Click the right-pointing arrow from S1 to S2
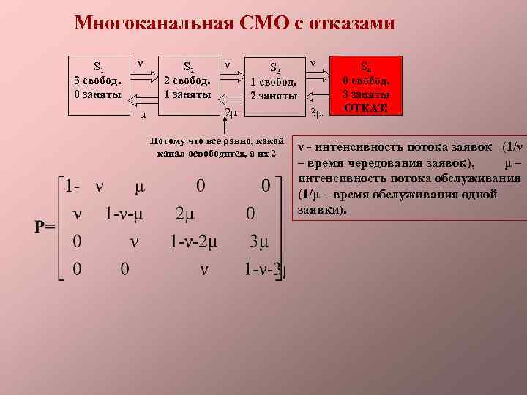pos(143,74)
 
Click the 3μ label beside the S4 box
pos(317,113)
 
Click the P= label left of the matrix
pos(45,226)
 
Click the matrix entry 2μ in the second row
pos(189,214)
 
